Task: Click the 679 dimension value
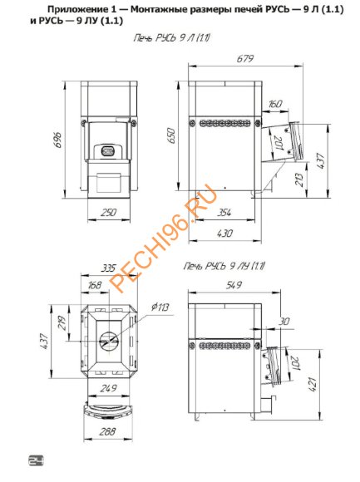click(x=245, y=58)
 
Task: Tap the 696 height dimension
click(x=59, y=140)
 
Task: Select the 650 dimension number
click(x=171, y=135)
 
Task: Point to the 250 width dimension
click(x=108, y=212)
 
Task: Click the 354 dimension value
click(x=224, y=212)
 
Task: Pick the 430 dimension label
click(x=224, y=234)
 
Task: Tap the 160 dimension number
click(x=274, y=104)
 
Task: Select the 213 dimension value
click(x=299, y=180)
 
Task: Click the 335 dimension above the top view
click(x=108, y=268)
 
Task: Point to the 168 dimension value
click(x=94, y=285)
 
